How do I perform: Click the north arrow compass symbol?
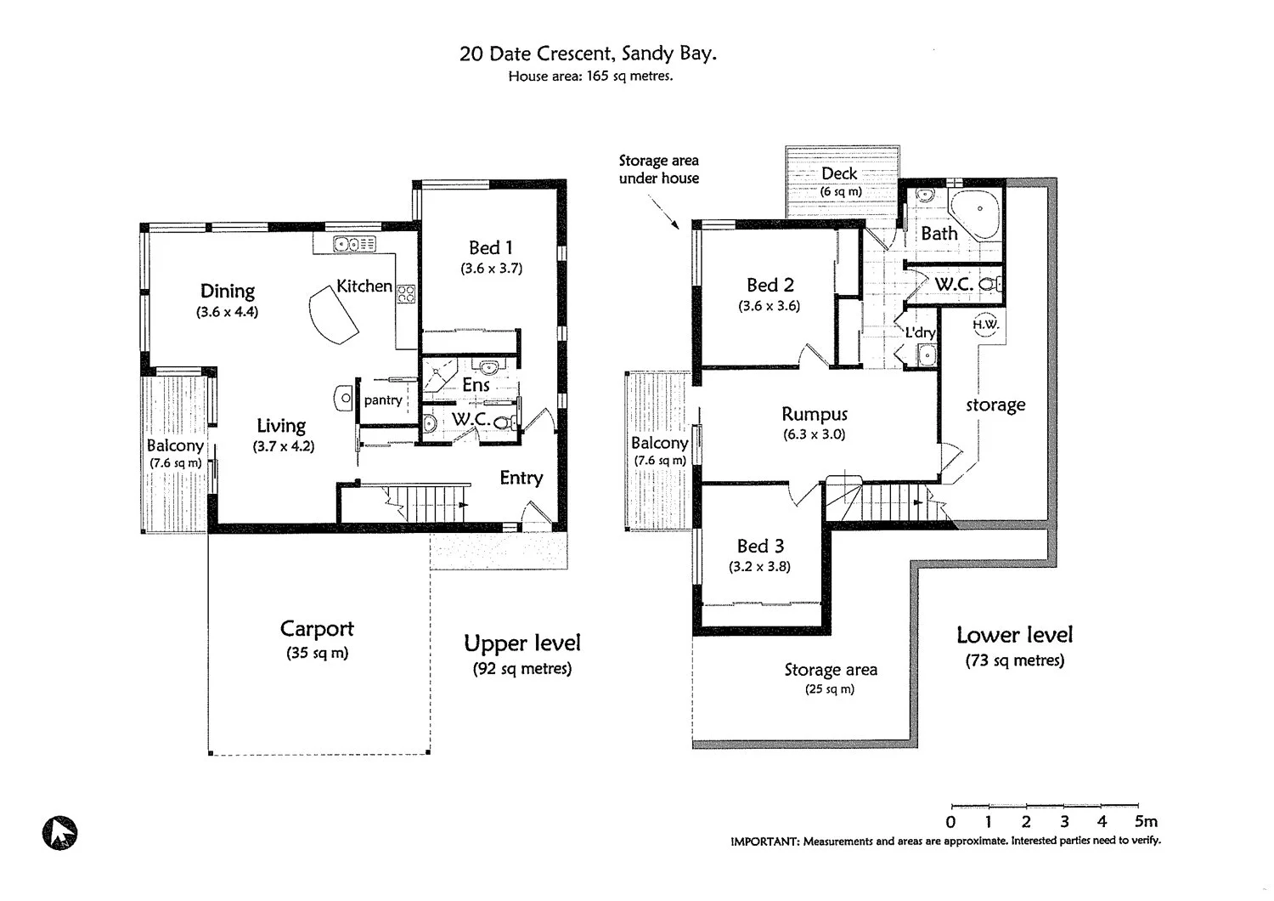pos(59,832)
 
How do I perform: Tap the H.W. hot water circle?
pos(985,325)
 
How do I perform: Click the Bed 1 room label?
pos(491,247)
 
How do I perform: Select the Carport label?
pos(317,629)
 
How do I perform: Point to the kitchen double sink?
pos(354,245)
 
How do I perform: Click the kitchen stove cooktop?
pos(406,294)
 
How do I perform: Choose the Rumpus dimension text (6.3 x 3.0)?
pos(814,434)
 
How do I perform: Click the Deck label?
pos(839,173)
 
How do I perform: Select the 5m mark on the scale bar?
pos(1144,821)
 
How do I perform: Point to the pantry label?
pos(383,399)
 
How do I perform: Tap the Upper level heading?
pos(522,643)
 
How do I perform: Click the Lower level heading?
pos(1014,635)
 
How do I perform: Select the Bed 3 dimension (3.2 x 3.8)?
pos(759,566)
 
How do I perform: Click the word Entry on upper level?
pos(521,478)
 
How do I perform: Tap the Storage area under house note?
pos(658,169)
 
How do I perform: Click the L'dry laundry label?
pos(919,332)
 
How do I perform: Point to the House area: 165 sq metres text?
pos(590,76)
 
